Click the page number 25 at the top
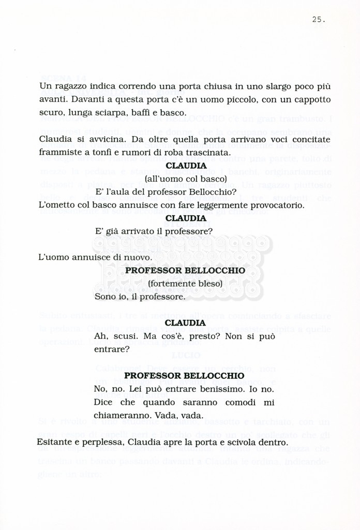(318, 20)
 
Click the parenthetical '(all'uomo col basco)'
(186, 179)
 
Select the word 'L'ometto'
(57, 205)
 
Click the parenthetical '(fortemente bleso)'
(185, 284)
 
